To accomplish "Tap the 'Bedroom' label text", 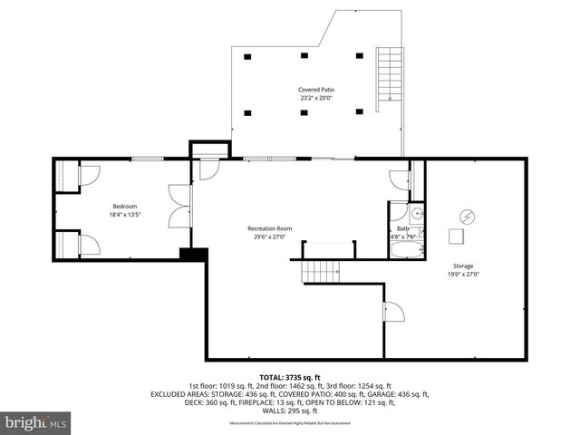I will pyautogui.click(x=124, y=206).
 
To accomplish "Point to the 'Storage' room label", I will pyautogui.click(x=463, y=266).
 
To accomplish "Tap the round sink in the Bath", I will pyautogui.click(x=417, y=215).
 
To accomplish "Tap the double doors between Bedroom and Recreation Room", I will pyautogui.click(x=179, y=206).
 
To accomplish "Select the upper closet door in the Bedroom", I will pyautogui.click(x=88, y=174).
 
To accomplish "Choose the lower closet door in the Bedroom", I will pyautogui.click(x=88, y=244).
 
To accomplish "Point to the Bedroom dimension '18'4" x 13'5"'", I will pyautogui.click(x=124, y=215).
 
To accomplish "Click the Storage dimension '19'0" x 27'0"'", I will pyautogui.click(x=464, y=274).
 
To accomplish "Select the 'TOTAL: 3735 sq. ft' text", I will pyautogui.click(x=289, y=376).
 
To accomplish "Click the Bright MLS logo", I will pyautogui.click(x=36, y=421).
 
